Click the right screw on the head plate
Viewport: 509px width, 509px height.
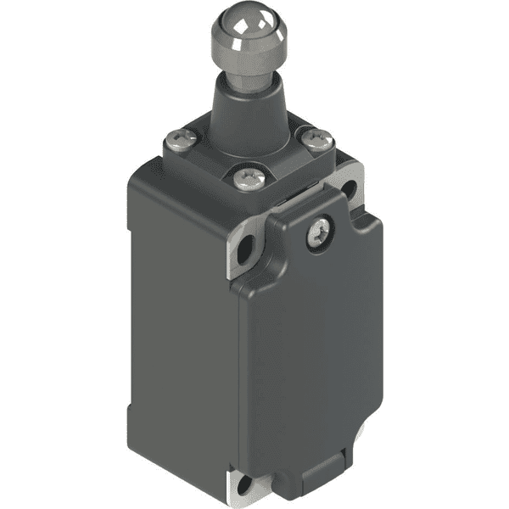tap(317, 137)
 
